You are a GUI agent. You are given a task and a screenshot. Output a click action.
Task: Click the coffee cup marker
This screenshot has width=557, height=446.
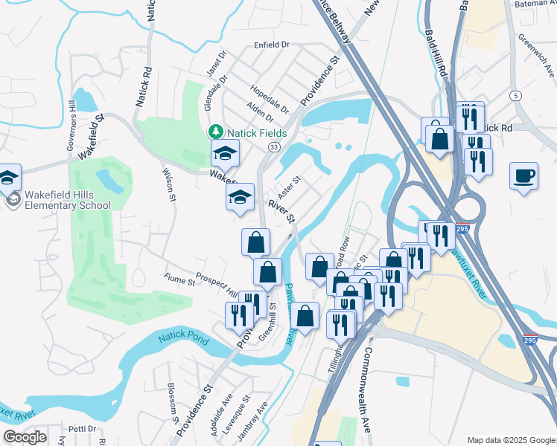[x=524, y=176]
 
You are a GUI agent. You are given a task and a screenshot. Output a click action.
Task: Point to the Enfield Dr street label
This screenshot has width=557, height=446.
[x=272, y=45]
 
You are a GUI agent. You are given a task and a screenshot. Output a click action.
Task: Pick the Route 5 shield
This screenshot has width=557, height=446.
[x=515, y=95]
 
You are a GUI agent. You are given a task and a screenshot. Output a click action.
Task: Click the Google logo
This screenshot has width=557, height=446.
[x=25, y=437]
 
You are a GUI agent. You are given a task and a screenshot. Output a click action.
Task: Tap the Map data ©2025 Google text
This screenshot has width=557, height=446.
[x=510, y=440]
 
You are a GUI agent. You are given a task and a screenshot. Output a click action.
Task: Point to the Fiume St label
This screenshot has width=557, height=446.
[x=179, y=282]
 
